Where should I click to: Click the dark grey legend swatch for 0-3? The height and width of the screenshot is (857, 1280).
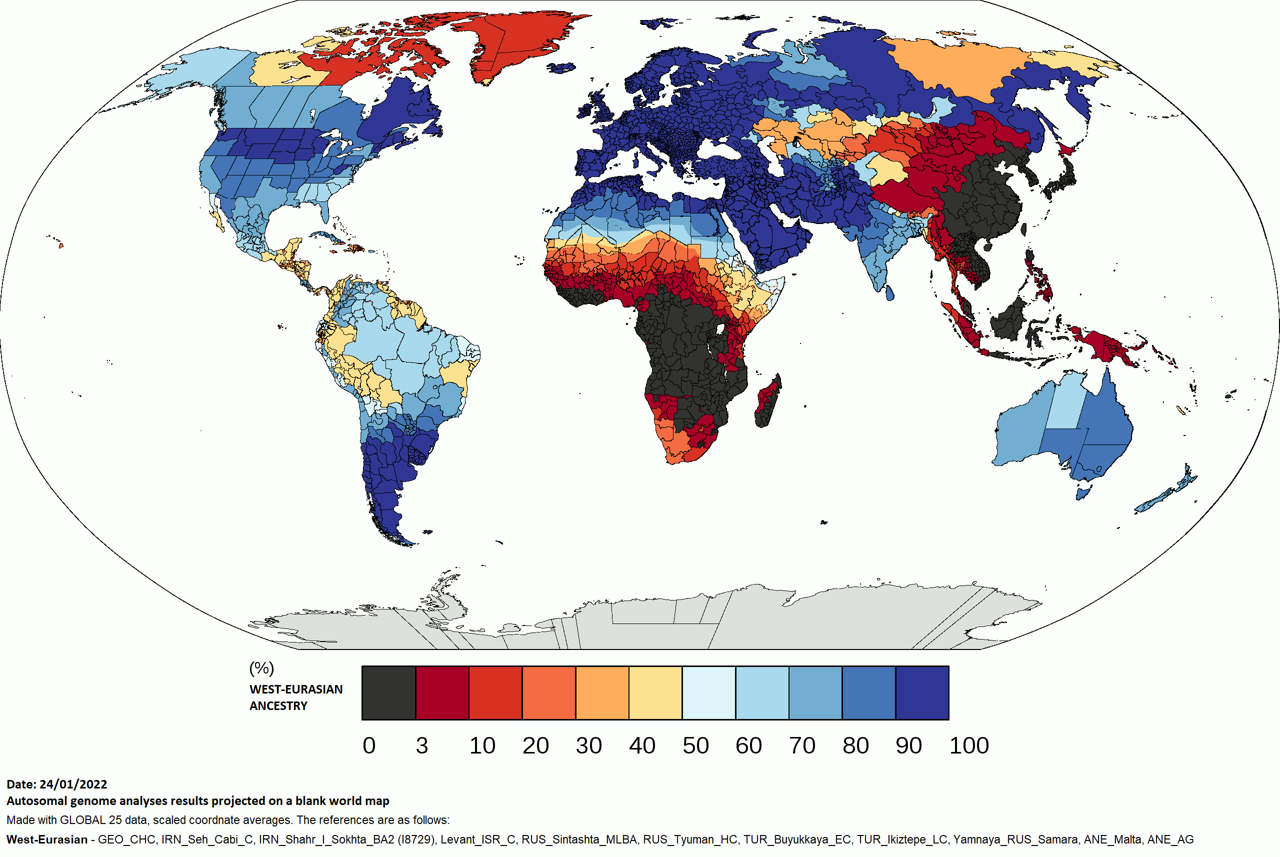(388, 692)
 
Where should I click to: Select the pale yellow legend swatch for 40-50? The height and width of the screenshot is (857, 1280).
(655, 692)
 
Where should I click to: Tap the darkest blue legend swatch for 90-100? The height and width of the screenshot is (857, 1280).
(922, 692)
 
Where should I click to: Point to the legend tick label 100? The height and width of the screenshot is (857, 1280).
(968, 745)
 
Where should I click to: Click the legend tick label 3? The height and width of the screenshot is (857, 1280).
(421, 745)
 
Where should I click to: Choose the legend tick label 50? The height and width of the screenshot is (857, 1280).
(695, 745)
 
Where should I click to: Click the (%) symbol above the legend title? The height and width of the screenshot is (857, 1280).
(261, 668)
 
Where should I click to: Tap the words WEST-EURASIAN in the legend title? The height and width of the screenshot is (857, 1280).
(295, 689)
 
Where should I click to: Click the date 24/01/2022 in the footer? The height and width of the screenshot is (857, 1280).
(73, 784)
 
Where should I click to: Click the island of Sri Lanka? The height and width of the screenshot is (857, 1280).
(890, 294)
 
